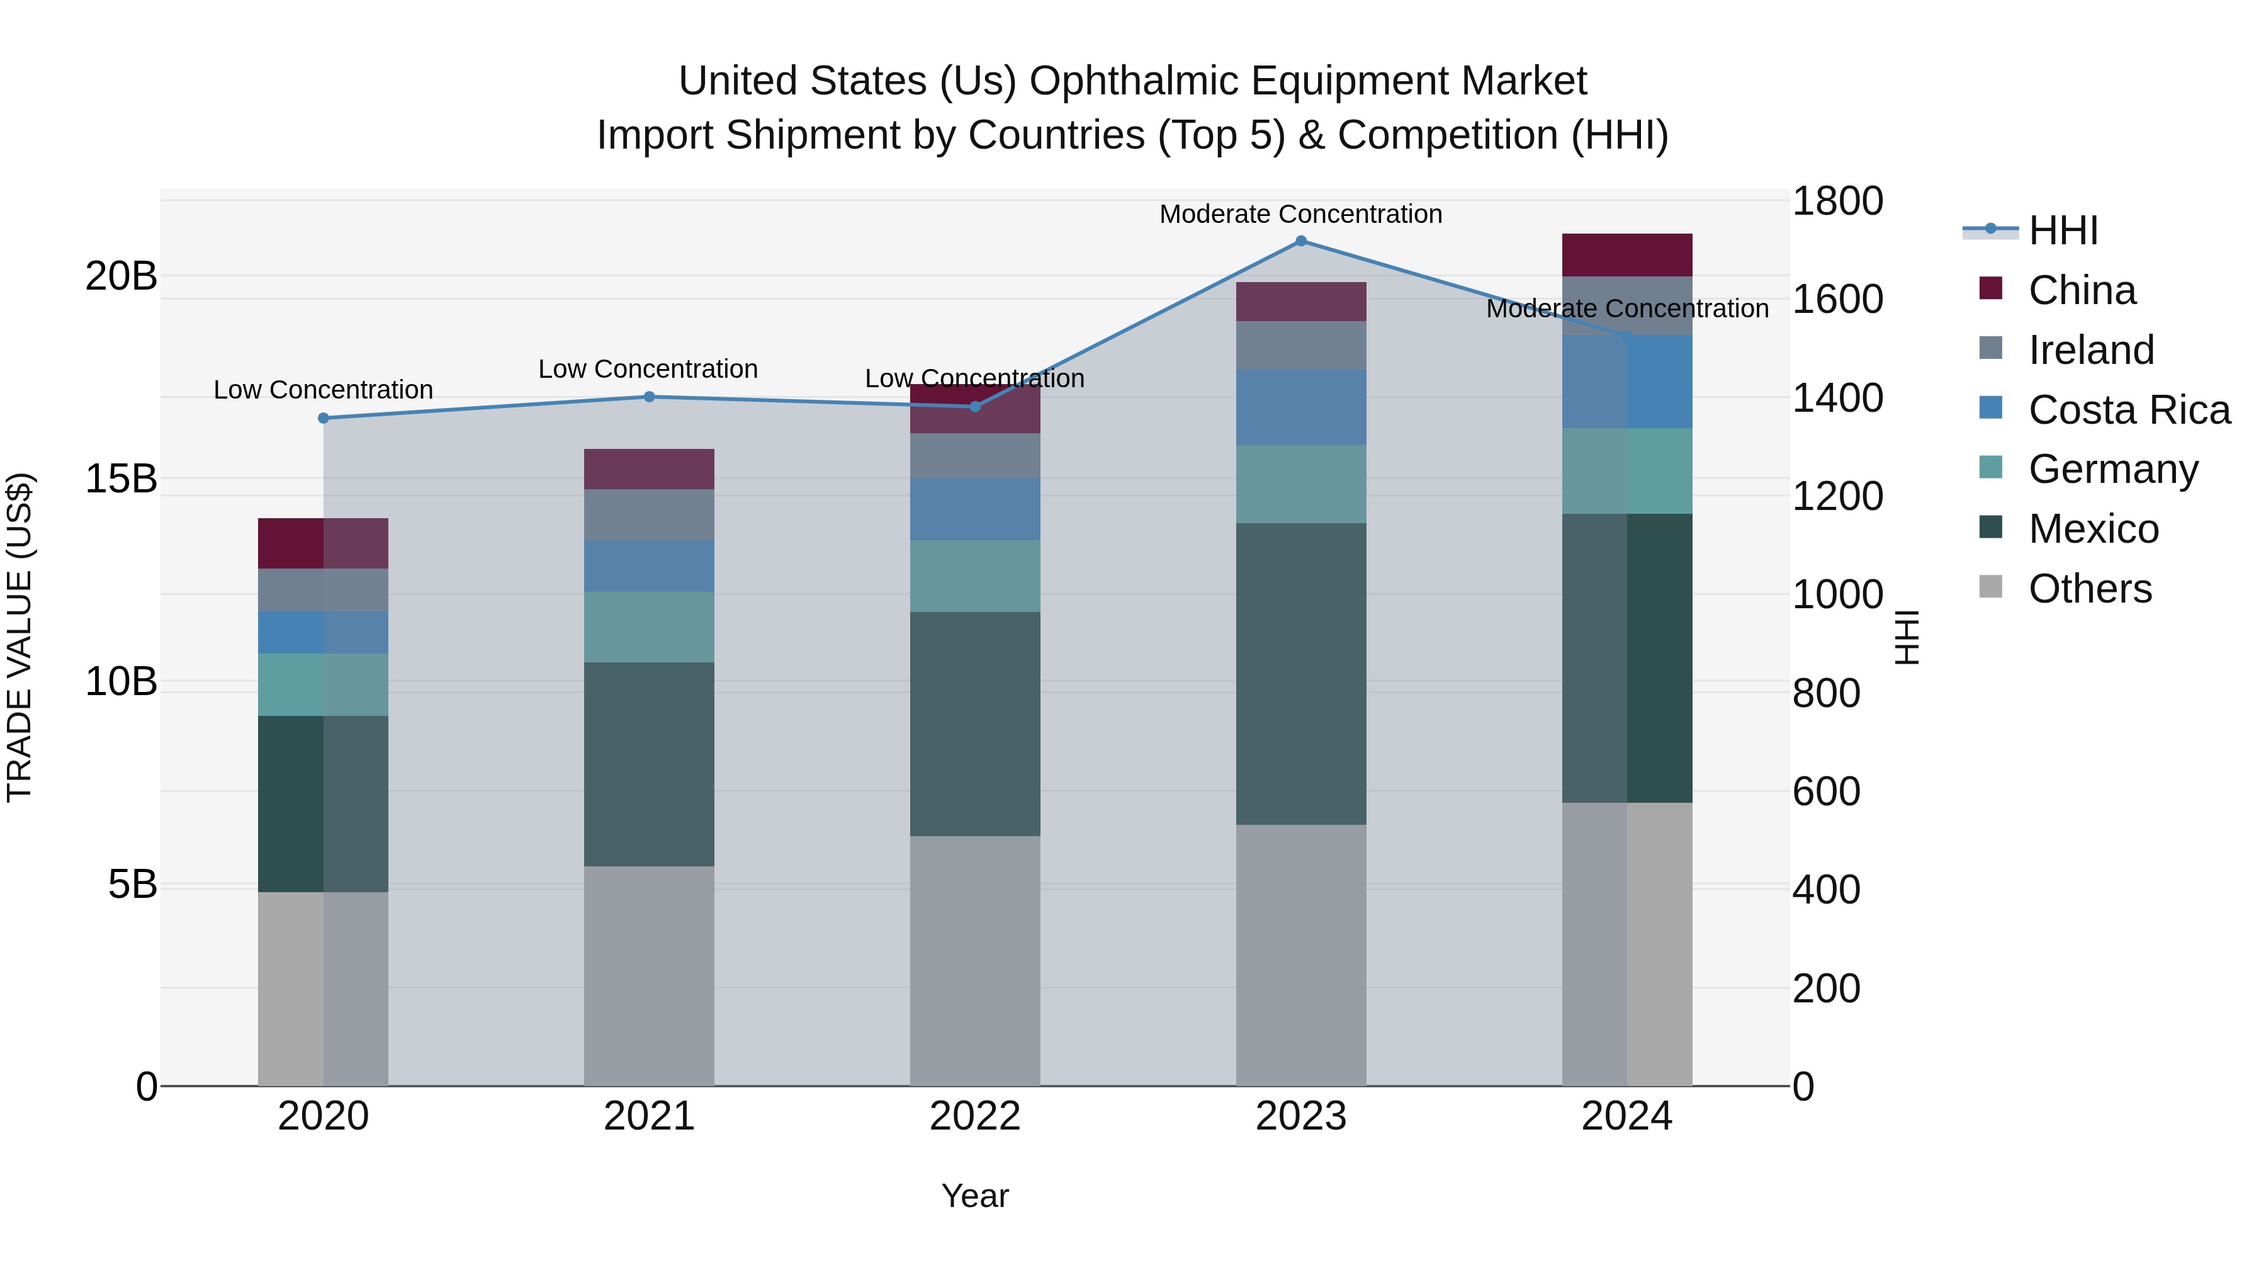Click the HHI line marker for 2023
pyautogui.click(x=1301, y=241)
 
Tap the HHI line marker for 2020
pyautogui.click(x=324, y=418)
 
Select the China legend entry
pyautogui.click(x=2082, y=290)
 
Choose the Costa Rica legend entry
pyautogui.click(x=2129, y=410)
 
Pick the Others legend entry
pyautogui.click(x=2090, y=589)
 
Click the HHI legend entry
pyautogui.click(x=2063, y=230)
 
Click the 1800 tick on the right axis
pyautogui.click(x=1837, y=201)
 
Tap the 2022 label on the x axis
pyautogui.click(x=974, y=1116)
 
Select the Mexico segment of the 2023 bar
pyautogui.click(x=1301, y=673)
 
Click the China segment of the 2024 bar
pyautogui.click(x=1626, y=255)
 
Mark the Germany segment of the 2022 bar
pyautogui.click(x=974, y=575)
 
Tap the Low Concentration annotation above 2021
pyautogui.click(x=648, y=370)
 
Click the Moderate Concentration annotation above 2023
pyautogui.click(x=1300, y=215)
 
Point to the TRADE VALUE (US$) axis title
pyautogui.click(x=20, y=637)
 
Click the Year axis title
pyautogui.click(x=974, y=1196)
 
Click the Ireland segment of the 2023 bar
pyautogui.click(x=1301, y=345)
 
